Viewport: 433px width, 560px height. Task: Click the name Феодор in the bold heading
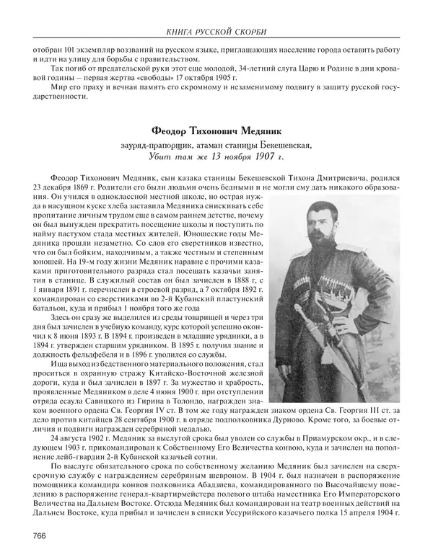[172, 132]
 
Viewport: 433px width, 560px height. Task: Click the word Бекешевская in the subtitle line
[283, 145]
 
